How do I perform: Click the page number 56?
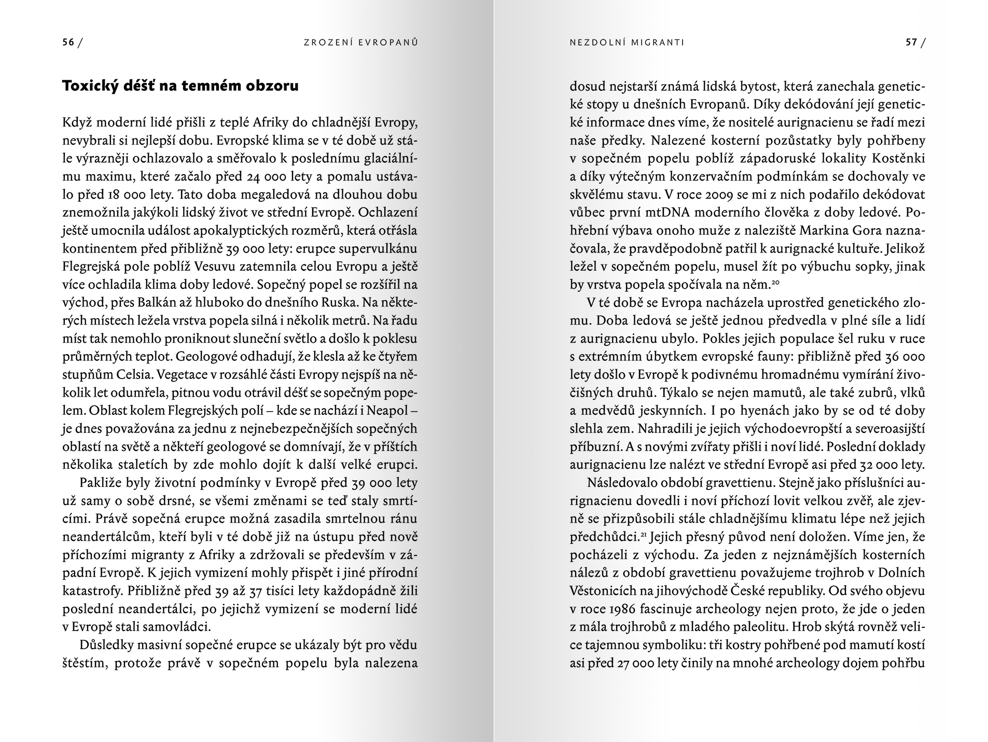(68, 43)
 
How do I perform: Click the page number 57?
(911, 43)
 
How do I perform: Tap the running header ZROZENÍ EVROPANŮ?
(360, 43)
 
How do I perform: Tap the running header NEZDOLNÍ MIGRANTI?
(627, 43)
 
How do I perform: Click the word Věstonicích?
(602, 591)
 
